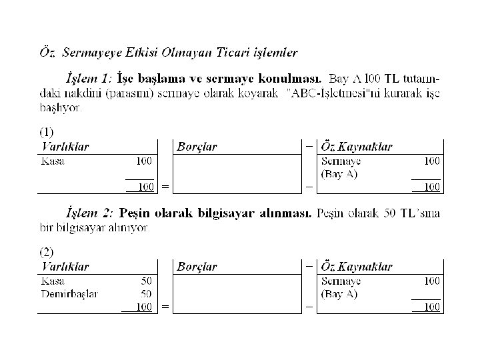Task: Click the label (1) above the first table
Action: tap(47, 132)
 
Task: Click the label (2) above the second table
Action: tap(47, 252)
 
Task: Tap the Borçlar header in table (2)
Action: tap(197, 267)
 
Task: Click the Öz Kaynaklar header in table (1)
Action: tap(357, 147)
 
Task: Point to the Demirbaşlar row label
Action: tap(69, 293)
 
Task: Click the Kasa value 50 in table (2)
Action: tap(145, 281)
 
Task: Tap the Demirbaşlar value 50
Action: tap(145, 293)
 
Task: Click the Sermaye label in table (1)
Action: tap(341, 161)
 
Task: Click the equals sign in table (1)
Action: tap(165, 187)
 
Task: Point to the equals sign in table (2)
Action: tap(165, 307)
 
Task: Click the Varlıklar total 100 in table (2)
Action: tap(143, 307)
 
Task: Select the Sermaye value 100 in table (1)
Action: tap(431, 161)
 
